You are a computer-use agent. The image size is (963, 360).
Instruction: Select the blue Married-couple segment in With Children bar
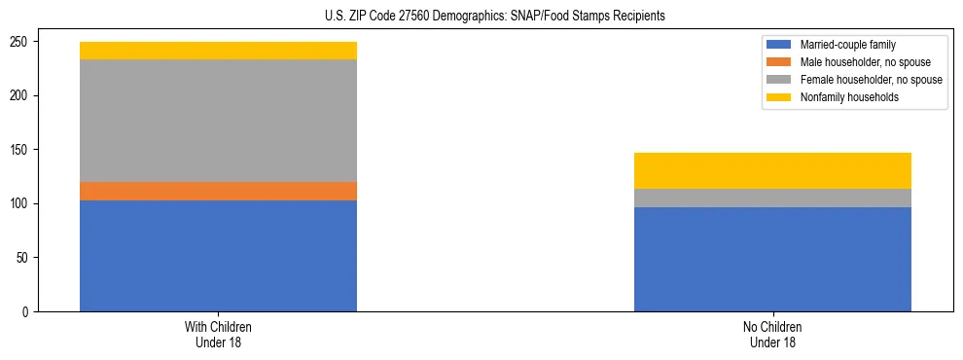click(218, 256)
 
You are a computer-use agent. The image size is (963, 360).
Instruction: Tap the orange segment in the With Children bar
click(218, 191)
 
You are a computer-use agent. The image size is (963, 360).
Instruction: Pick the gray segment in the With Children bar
click(218, 121)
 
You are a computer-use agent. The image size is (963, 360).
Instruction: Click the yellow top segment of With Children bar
click(218, 51)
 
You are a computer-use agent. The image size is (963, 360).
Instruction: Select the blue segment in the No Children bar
click(772, 259)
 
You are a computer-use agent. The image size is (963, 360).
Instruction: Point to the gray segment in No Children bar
click(772, 198)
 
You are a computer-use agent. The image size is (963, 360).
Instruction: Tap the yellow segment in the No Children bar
click(772, 170)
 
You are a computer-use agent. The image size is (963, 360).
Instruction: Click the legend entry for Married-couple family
click(842, 45)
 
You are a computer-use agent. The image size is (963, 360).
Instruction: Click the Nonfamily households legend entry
click(842, 97)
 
